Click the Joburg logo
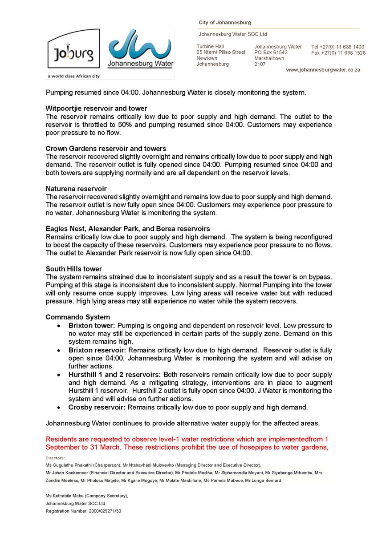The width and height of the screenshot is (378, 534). coord(74,53)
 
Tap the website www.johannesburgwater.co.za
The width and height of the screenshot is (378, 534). coord(323,70)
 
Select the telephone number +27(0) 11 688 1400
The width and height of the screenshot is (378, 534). coord(344,47)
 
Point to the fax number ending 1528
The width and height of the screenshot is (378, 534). coord(344,53)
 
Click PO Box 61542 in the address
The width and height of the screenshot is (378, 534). coord(271,53)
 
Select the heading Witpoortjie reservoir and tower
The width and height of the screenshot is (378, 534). coord(96,109)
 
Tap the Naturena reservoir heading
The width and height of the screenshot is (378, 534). coord(76,189)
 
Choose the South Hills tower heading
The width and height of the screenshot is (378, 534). coord(74,269)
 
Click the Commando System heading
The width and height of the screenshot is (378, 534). coord(77,317)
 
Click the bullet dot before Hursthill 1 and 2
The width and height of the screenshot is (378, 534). coord(59,375)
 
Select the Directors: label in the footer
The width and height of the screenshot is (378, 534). coord(55,458)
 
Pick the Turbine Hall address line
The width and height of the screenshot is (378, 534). coord(210,46)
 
